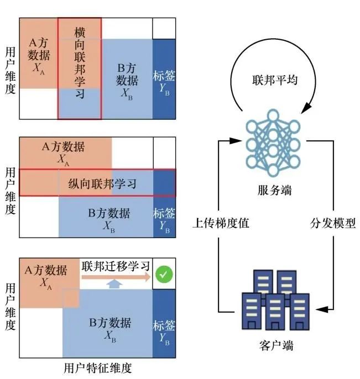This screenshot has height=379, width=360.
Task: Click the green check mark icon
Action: (162, 273)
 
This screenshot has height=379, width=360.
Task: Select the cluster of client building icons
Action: (275, 301)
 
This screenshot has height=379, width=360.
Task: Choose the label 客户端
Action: (275, 346)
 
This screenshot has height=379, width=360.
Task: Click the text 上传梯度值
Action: (221, 224)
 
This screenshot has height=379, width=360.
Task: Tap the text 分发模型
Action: (332, 224)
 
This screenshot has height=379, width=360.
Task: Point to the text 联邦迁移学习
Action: (116, 266)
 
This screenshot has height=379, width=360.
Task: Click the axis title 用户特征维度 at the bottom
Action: (98, 368)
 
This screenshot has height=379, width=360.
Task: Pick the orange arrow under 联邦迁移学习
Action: (116, 277)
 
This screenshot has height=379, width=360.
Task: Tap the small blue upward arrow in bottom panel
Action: (114, 285)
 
